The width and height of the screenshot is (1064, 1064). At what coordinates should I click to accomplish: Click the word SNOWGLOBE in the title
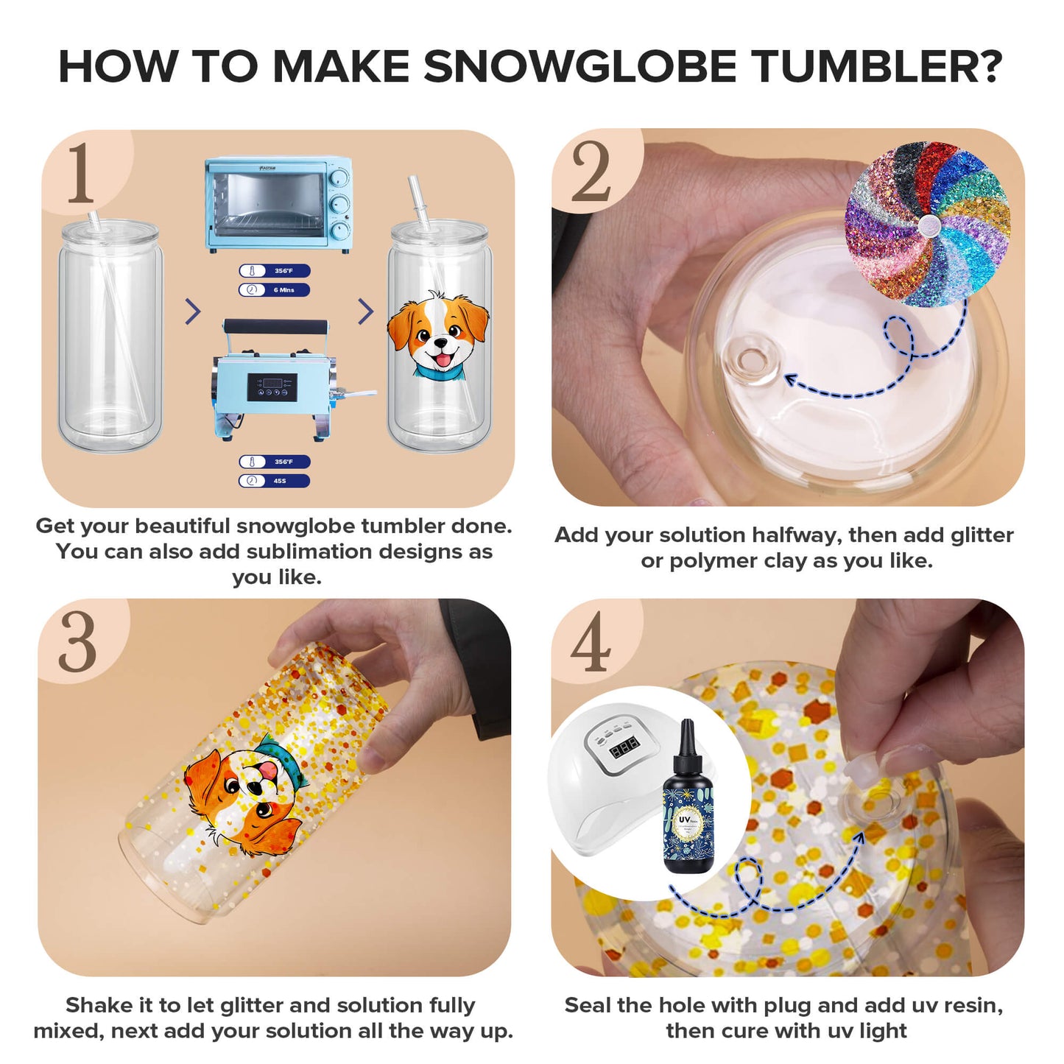click(579, 67)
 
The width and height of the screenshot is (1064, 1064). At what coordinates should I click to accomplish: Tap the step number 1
click(80, 173)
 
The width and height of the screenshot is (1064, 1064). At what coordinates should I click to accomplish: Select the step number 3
click(77, 642)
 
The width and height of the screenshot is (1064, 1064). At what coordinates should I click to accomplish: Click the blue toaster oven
click(278, 204)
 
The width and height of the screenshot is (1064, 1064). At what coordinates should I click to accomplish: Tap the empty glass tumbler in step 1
click(110, 339)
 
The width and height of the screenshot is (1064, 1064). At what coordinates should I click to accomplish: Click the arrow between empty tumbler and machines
click(193, 311)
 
